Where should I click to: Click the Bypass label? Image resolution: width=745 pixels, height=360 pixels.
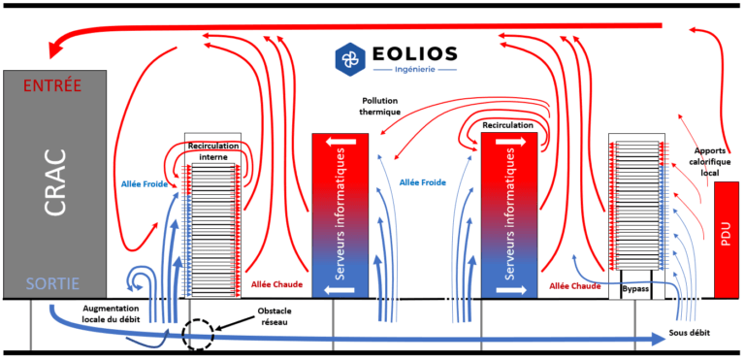(x=634, y=290)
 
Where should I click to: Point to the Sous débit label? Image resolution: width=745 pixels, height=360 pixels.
(x=689, y=333)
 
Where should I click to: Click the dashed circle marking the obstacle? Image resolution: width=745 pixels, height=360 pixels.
(x=198, y=334)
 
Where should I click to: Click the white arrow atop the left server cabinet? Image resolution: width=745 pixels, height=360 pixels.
(x=340, y=144)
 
